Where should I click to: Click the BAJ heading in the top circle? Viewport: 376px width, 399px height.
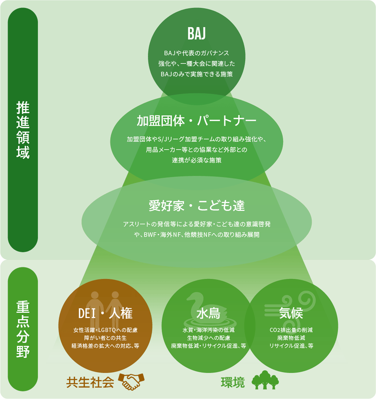click(x=197, y=34)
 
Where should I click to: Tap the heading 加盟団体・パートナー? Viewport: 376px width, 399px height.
click(x=197, y=121)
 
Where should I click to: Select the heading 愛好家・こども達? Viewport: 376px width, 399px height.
click(x=197, y=206)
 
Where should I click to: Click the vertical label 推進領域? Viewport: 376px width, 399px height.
click(x=23, y=130)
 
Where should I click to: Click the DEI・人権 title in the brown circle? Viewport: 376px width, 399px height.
click(x=105, y=313)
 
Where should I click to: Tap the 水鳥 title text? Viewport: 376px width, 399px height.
click(x=208, y=314)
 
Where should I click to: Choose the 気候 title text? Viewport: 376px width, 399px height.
click(x=291, y=313)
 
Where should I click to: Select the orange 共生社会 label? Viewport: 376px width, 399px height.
click(x=90, y=382)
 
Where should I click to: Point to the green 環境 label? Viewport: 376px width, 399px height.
click(x=233, y=382)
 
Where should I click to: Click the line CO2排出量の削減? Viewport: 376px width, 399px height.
click(x=291, y=330)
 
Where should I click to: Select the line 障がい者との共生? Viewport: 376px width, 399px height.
click(x=105, y=338)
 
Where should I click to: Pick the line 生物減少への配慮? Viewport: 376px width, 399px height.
click(x=208, y=338)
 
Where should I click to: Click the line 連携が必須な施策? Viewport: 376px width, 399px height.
click(x=197, y=160)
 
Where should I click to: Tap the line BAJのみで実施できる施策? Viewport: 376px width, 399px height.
click(x=197, y=74)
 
